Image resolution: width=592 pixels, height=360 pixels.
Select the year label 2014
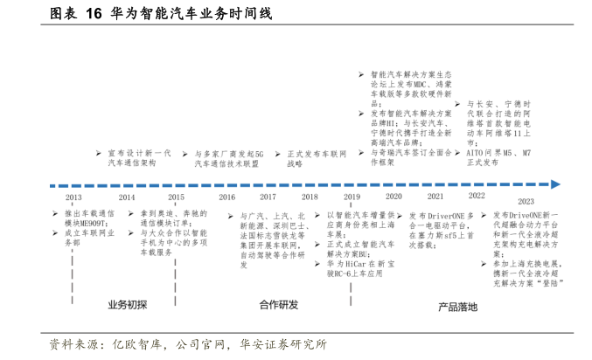click(x=127, y=197)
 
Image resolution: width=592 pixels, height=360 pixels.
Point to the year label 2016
click(x=227, y=197)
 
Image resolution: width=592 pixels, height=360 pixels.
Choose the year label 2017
click(x=268, y=197)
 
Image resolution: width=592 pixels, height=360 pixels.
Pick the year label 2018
click(x=310, y=197)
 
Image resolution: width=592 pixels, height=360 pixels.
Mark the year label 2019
click(x=352, y=197)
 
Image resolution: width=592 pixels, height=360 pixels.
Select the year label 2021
click(x=435, y=197)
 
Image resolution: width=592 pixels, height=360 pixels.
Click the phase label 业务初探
click(x=128, y=305)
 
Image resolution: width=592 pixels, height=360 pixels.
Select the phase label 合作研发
click(x=279, y=305)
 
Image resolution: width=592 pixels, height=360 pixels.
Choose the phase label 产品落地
click(x=458, y=307)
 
